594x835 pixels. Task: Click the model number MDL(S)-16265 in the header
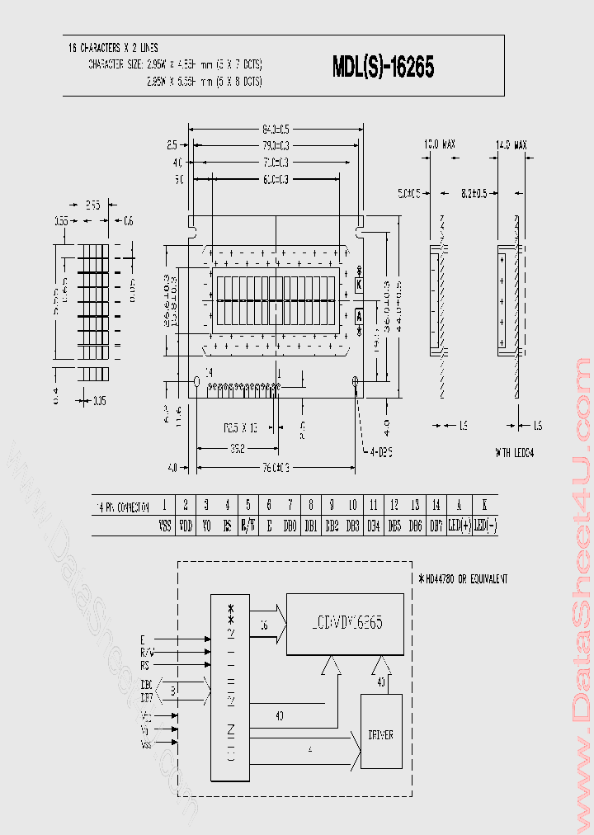point(384,67)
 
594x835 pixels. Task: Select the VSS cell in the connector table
point(164,525)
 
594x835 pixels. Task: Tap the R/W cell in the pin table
point(248,525)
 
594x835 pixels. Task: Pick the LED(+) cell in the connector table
point(459,525)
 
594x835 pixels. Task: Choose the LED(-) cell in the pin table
point(485,525)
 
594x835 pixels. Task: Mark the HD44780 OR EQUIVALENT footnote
point(463,579)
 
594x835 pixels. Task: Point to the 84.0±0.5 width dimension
point(276,129)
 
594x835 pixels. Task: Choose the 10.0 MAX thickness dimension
point(439,144)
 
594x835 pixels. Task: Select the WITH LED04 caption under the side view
point(515,453)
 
